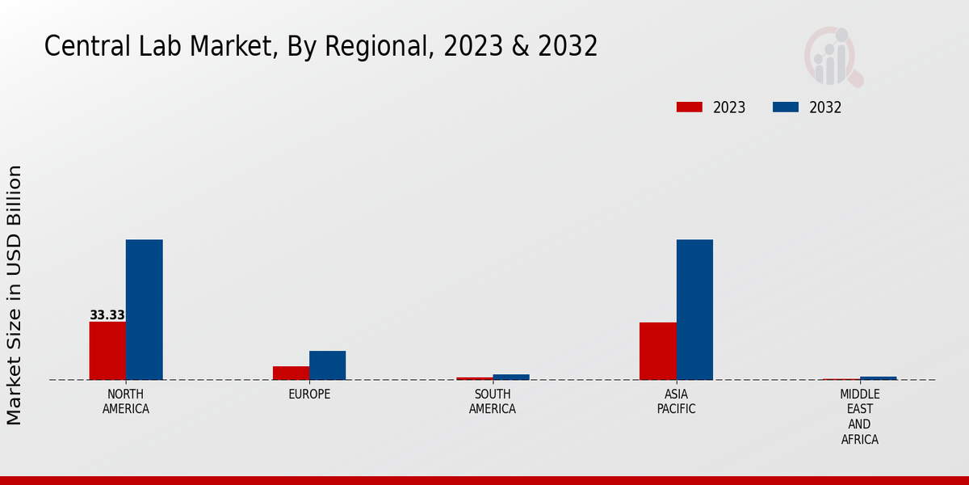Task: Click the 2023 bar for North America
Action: click(x=107, y=351)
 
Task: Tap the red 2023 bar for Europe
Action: click(x=291, y=373)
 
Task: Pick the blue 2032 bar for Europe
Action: click(x=327, y=365)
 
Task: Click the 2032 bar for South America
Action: click(x=511, y=377)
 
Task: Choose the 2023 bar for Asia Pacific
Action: click(x=657, y=351)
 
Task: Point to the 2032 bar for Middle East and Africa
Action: click(x=878, y=378)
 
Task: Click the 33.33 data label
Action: click(x=107, y=315)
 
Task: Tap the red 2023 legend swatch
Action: click(x=690, y=108)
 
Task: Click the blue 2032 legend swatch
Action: click(x=786, y=108)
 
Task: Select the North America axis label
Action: click(x=126, y=402)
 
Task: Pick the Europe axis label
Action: click(x=309, y=394)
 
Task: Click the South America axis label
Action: click(x=493, y=402)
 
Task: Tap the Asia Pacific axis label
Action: click(x=677, y=402)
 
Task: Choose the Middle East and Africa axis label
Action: click(x=860, y=417)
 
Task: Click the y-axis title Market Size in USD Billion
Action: click(x=15, y=295)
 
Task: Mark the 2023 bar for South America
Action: click(x=474, y=378)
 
